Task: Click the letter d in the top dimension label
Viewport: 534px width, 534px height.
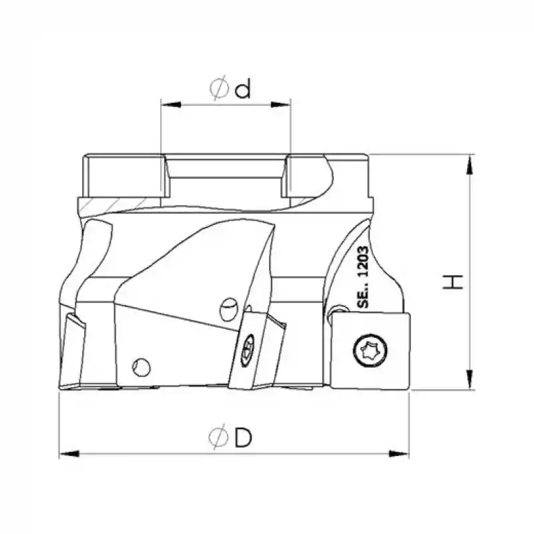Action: pyautogui.click(x=243, y=88)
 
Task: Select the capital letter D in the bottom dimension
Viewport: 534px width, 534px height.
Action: pyautogui.click(x=243, y=438)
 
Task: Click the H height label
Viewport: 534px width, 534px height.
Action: pyautogui.click(x=454, y=282)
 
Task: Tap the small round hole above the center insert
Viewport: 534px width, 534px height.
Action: pyautogui.click(x=228, y=307)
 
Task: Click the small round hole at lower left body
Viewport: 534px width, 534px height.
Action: pyautogui.click(x=141, y=367)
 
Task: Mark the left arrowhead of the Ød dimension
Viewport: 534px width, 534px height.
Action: pyautogui.click(x=167, y=104)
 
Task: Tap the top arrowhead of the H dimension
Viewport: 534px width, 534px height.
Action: pyautogui.click(x=473, y=160)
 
